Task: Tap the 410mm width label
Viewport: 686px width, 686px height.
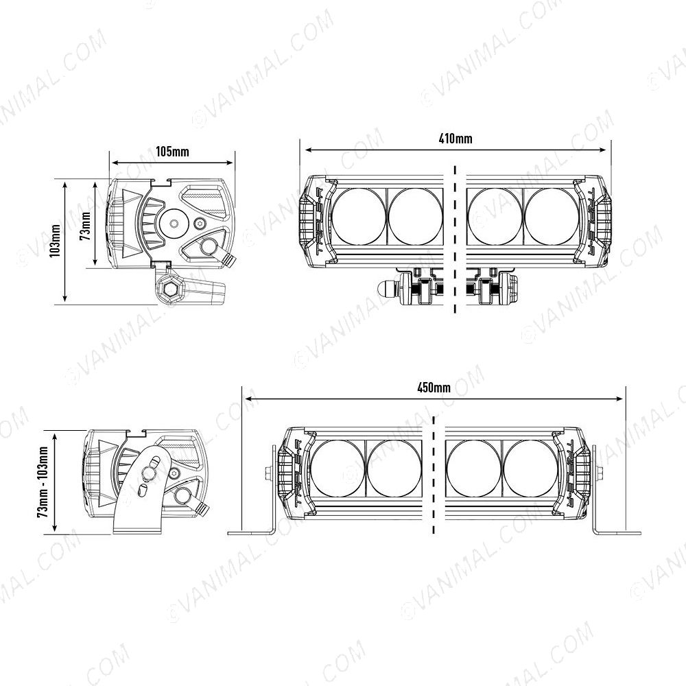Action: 455,139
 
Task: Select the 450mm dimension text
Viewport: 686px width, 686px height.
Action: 434,388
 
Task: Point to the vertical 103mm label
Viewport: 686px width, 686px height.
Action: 56,241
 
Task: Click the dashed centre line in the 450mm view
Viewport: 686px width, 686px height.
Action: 434,473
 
